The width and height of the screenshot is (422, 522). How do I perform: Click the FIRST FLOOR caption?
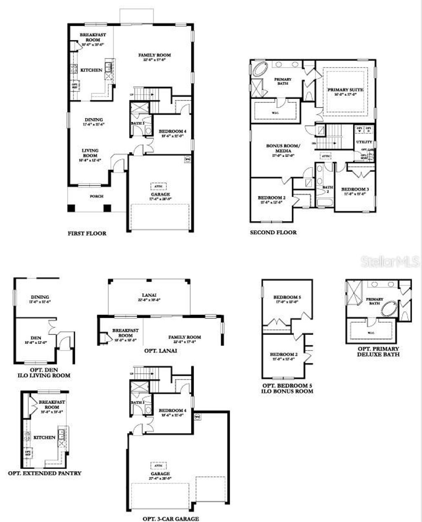tap(87, 233)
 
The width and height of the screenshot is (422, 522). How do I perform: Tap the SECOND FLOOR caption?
tap(273, 232)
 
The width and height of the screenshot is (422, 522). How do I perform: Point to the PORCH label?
tap(96, 196)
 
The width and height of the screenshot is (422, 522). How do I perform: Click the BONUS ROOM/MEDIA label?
tap(283, 148)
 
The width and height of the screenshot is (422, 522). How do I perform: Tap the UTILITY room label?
tap(364, 142)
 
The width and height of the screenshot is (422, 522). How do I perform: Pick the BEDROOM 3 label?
tap(355, 189)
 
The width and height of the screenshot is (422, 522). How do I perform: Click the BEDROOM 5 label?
tap(285, 297)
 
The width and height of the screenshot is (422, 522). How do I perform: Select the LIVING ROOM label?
tap(90, 153)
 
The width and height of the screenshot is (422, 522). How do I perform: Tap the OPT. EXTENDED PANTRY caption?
tap(45, 473)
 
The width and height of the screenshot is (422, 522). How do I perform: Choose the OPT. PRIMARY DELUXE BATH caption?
tap(378, 351)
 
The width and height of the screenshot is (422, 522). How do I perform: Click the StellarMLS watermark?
tap(389, 261)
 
